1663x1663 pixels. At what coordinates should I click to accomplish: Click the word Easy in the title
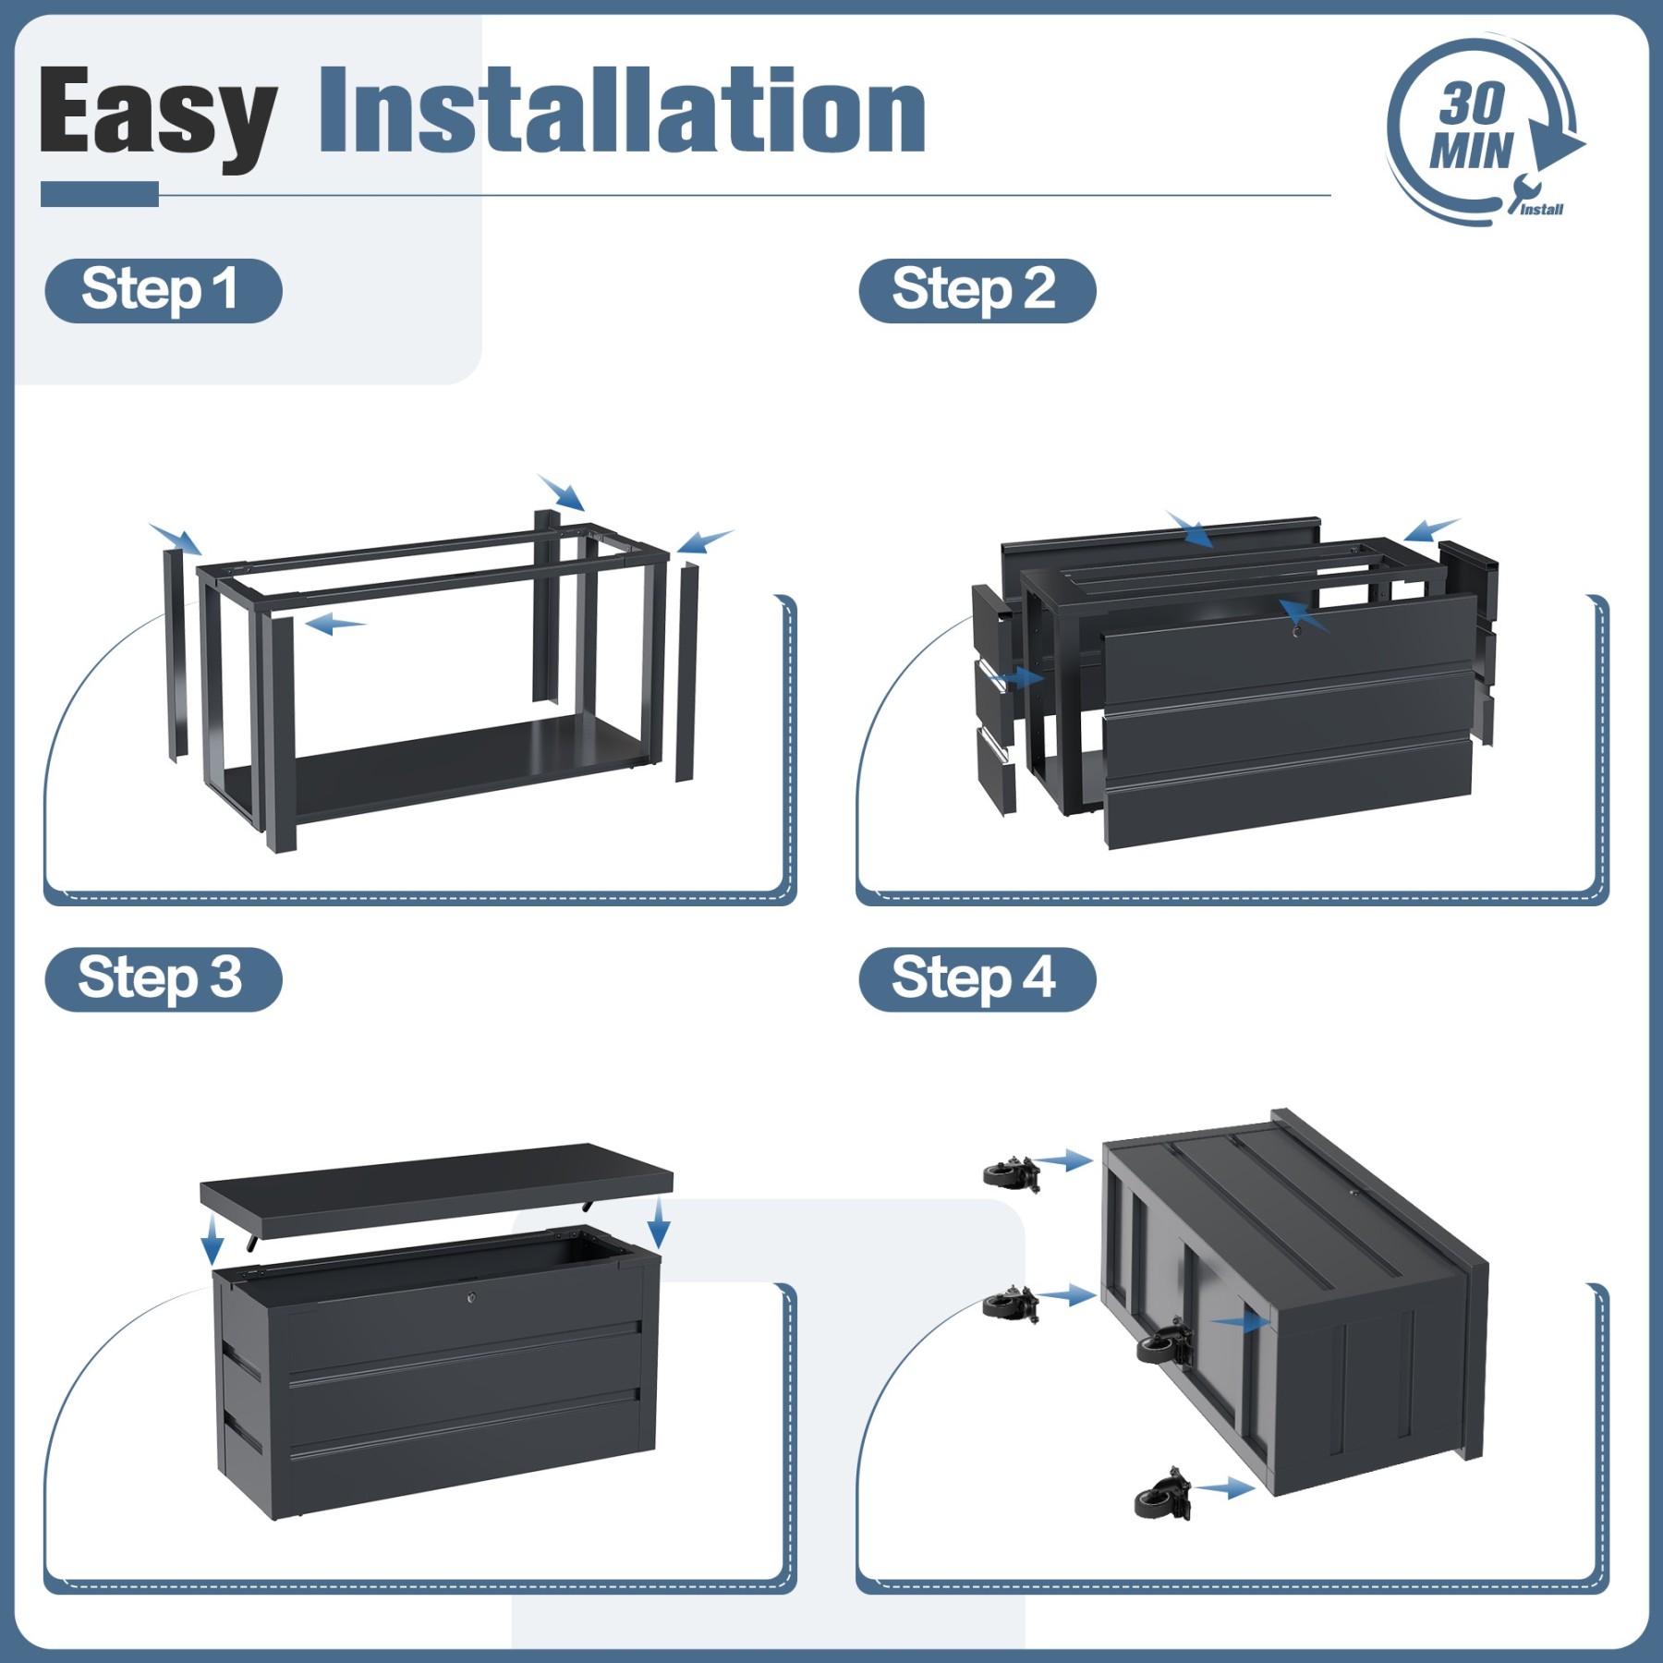tap(158, 116)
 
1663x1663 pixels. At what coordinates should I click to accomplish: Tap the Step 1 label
tap(163, 290)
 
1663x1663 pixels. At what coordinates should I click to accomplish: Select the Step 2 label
tap(977, 290)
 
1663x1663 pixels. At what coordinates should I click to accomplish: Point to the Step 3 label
tap(163, 979)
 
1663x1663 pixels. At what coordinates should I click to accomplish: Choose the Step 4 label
tap(977, 979)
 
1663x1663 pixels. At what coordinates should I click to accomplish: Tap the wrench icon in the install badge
tap(1520, 192)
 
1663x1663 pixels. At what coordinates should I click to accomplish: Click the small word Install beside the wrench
tap(1542, 210)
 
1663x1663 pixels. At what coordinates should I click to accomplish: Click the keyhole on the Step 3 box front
tap(472, 1298)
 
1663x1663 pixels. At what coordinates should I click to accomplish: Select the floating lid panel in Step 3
tap(436, 1188)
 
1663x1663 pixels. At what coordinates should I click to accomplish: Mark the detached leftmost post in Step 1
tap(176, 655)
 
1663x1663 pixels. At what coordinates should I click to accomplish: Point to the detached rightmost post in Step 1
tap(686, 672)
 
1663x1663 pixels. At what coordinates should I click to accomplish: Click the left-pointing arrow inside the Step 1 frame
tap(335, 625)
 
